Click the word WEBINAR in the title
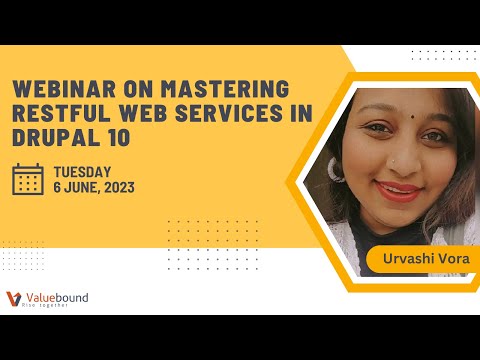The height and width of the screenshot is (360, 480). [x=52, y=87]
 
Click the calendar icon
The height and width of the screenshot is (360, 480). [x=27, y=178]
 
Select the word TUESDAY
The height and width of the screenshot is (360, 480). [x=83, y=171]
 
